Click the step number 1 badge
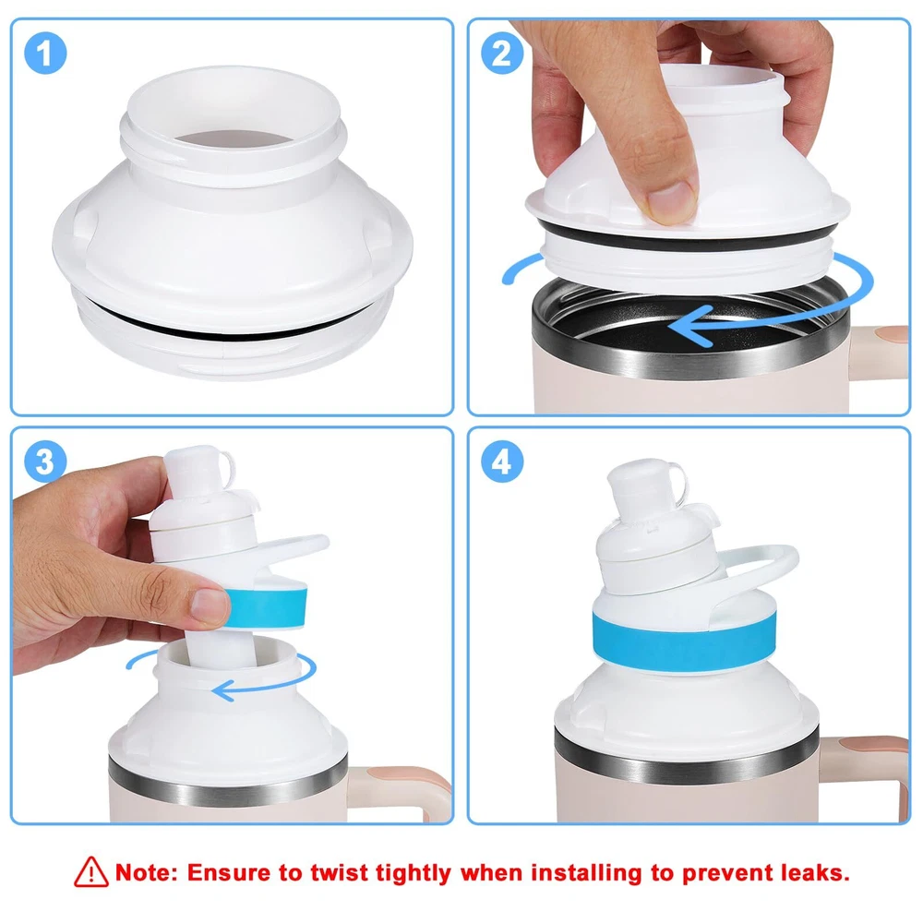pos(45,53)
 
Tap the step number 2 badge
pos(501,53)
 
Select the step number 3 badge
pos(45,461)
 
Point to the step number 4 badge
pos(501,461)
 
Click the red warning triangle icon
pos(91,872)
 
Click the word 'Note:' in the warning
pos(147,872)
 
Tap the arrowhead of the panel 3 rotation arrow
pos(223,689)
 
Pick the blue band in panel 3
pos(266,607)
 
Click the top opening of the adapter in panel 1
pos(234,139)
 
